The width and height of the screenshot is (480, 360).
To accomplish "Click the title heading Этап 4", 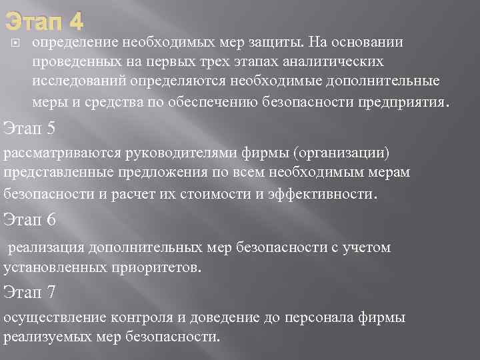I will [44, 23].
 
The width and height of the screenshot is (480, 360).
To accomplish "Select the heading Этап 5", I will [29, 127].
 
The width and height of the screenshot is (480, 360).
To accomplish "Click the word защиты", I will [278, 43].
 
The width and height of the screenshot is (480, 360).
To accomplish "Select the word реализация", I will [45, 248].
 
